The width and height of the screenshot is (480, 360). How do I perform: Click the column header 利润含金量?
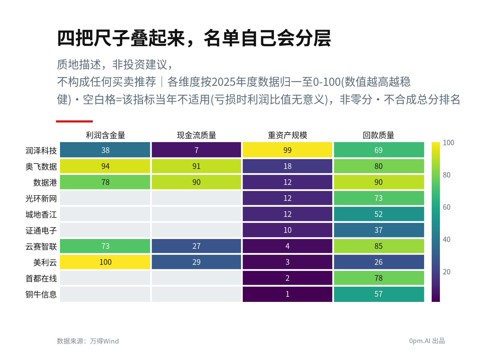tap(105, 135)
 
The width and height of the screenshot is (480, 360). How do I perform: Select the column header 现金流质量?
tap(196, 135)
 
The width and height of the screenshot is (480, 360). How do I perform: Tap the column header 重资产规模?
tap(287, 135)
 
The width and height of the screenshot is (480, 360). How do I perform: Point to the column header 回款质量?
tap(378, 135)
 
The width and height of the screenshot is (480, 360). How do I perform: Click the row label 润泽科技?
tap(41, 151)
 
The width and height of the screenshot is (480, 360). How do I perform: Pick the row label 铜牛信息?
tap(41, 294)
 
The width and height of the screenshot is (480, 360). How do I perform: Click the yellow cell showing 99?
tap(287, 150)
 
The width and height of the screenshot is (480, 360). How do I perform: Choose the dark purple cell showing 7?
tap(196, 150)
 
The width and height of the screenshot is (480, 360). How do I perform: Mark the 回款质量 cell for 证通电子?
tap(379, 230)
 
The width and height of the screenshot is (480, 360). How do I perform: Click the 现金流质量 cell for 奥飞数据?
tap(196, 166)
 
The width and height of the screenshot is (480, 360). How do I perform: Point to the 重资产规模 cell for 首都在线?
tap(287, 278)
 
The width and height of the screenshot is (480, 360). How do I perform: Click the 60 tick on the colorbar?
tap(446, 207)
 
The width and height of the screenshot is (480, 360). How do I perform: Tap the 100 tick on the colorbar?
tap(448, 143)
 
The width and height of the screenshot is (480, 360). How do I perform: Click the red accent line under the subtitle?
tap(74, 121)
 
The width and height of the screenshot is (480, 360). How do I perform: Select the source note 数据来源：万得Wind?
tap(88, 341)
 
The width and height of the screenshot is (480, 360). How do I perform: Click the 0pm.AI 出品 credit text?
tap(427, 341)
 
